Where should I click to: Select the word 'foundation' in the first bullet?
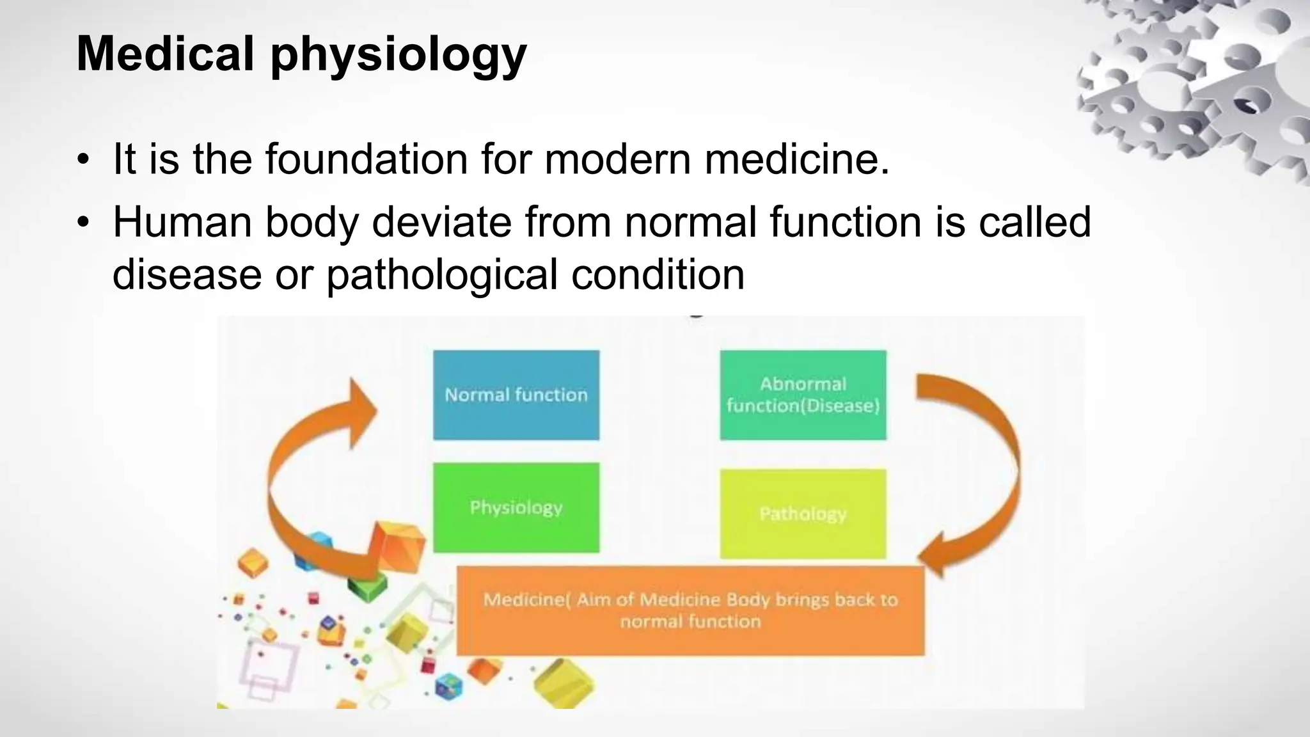pyautogui.click(x=367, y=159)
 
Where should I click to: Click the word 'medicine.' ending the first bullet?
pyautogui.click(x=797, y=159)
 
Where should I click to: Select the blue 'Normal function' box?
pyautogui.click(x=516, y=395)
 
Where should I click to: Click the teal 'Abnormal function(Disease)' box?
pyautogui.click(x=803, y=395)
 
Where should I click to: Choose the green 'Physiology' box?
pyautogui.click(x=516, y=507)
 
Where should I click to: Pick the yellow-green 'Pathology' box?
pyautogui.click(x=803, y=513)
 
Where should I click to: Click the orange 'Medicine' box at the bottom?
pyautogui.click(x=690, y=610)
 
